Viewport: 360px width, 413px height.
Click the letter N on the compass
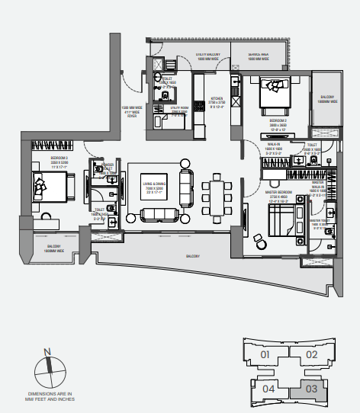[x=47, y=351]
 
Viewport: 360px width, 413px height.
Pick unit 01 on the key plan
[x=265, y=354]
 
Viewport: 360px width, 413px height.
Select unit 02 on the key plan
[x=311, y=354]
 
